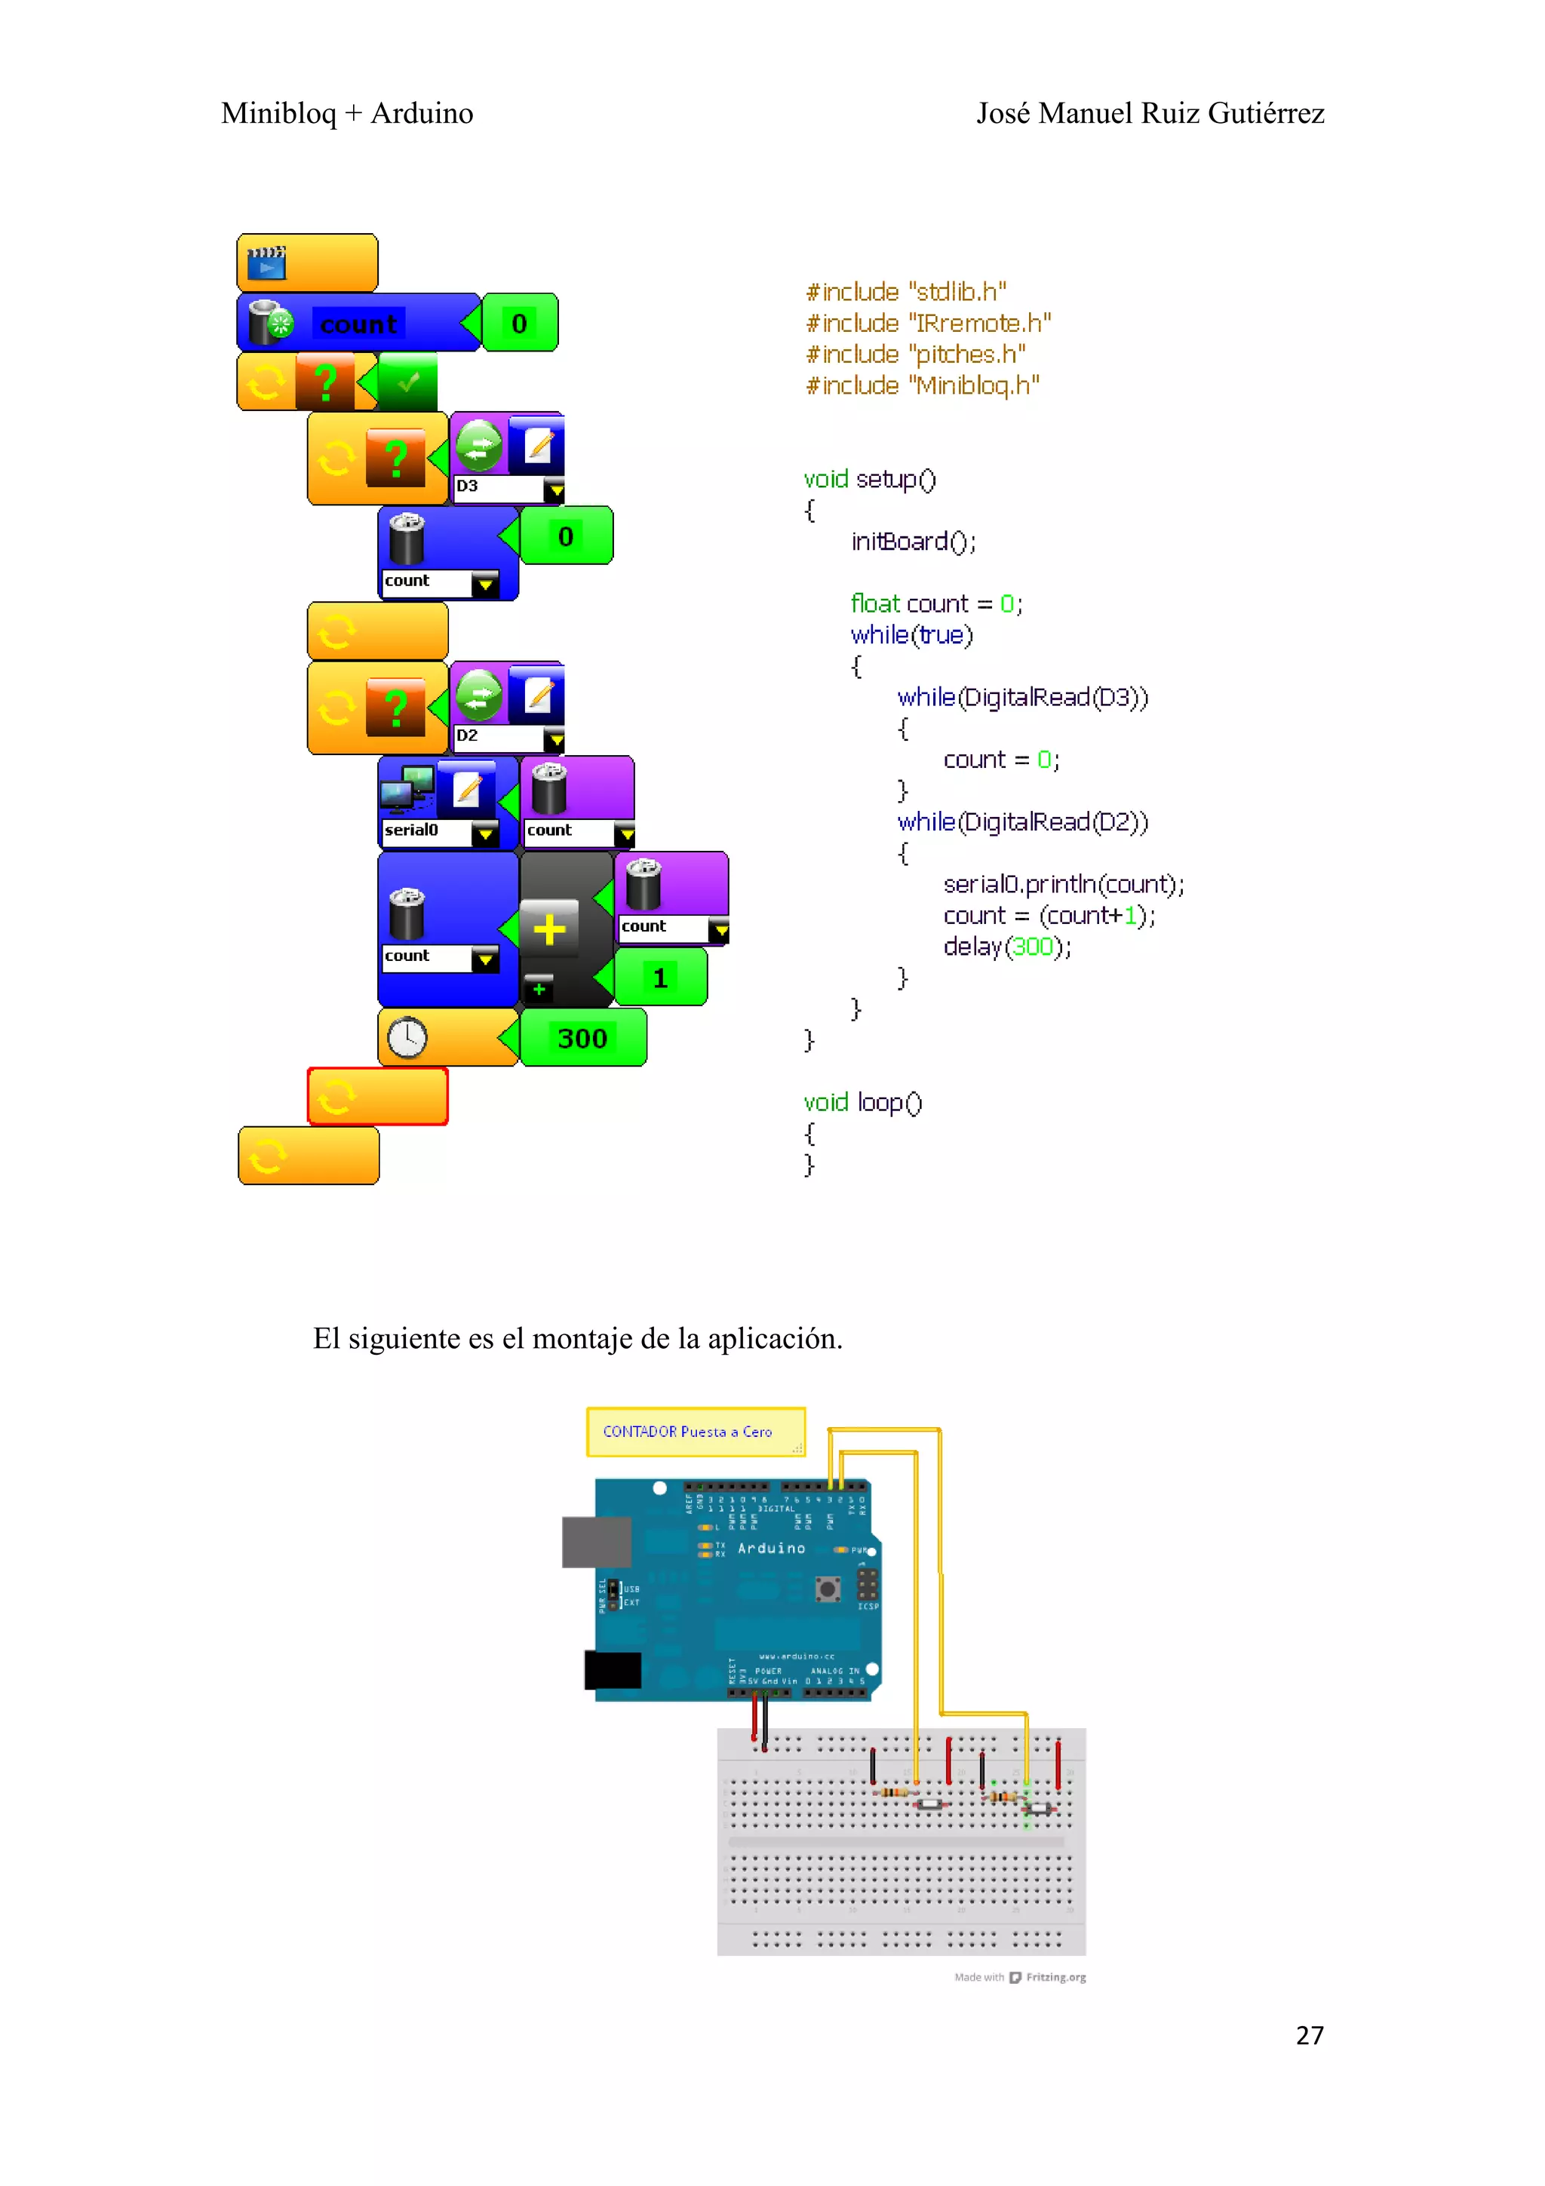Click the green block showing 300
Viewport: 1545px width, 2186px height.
(582, 1038)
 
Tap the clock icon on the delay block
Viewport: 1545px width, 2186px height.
(407, 1038)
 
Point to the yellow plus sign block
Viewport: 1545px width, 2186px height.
(549, 929)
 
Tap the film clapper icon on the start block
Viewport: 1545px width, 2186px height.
(266, 262)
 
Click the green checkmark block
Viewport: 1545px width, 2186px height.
(408, 382)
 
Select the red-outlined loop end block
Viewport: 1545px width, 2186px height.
(377, 1097)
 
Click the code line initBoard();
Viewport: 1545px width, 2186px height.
(913, 542)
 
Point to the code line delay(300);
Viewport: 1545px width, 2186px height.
(1007, 947)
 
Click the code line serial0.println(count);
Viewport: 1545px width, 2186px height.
(1063, 885)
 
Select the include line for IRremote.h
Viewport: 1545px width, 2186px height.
(928, 324)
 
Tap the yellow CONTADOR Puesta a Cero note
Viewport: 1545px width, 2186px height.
(695, 1432)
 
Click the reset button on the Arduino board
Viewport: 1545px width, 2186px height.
(828, 1588)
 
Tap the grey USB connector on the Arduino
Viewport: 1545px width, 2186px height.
(597, 1541)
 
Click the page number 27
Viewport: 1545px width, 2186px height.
(1309, 2036)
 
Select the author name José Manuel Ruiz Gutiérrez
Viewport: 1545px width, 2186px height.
(1150, 113)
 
